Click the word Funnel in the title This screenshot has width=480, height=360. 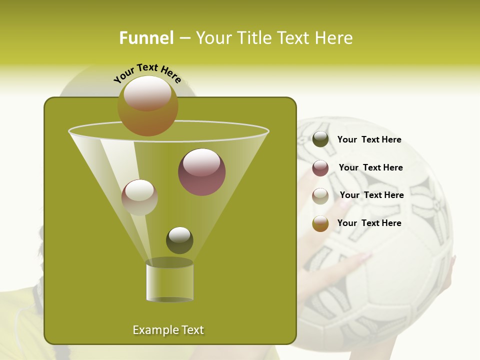tap(146, 38)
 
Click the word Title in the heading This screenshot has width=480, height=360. tap(255, 38)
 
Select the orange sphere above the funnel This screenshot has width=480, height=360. tap(148, 105)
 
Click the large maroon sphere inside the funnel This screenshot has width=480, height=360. tap(201, 171)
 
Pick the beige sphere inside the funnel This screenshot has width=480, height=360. tap(139, 197)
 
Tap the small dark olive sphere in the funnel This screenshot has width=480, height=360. tap(179, 240)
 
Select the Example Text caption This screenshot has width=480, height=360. tap(168, 330)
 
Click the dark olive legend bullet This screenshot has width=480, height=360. tap(320, 139)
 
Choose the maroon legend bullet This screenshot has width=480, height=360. tap(320, 168)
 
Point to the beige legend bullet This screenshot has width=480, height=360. tap(320, 196)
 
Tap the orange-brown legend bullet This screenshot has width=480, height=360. tap(320, 223)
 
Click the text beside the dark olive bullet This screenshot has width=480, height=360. tap(369, 140)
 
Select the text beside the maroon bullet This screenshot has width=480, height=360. tap(370, 168)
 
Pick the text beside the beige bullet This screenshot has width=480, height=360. tap(371, 195)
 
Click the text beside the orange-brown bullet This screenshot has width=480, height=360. tap(369, 223)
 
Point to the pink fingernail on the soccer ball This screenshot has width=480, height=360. tap(363, 256)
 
